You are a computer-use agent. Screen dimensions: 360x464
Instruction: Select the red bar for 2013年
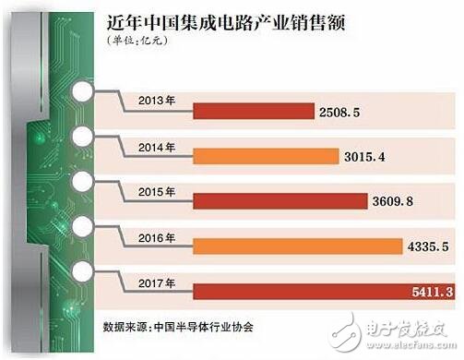coord(253,110)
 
